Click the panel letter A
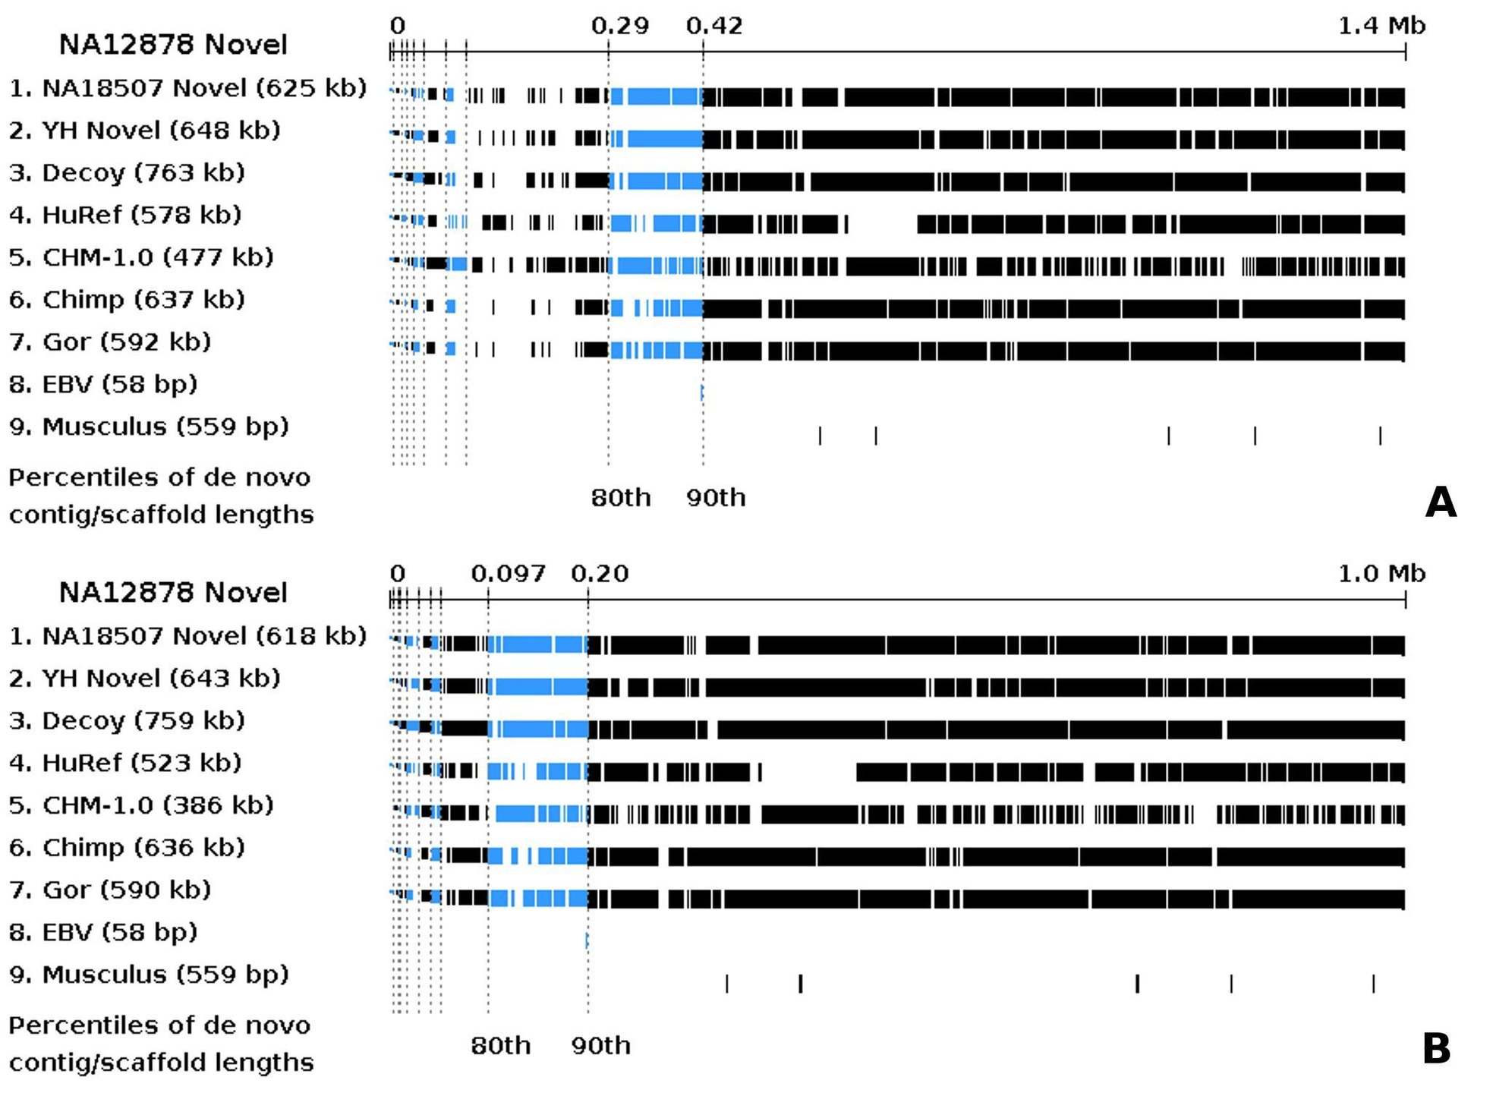1440,502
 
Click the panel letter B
1436,1049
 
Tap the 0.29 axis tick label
620,26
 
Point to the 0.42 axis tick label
714,26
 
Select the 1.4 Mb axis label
1381,26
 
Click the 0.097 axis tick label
508,574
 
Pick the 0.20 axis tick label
600,574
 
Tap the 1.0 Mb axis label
1381,574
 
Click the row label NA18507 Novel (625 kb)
187,88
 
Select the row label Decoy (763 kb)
127,173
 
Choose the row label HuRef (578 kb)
125,216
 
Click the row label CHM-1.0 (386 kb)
141,805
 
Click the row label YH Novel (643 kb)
144,679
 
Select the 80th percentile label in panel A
620,498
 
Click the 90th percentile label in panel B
600,1046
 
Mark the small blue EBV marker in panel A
702,392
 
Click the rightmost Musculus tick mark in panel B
1373,984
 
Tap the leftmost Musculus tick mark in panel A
820,436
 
